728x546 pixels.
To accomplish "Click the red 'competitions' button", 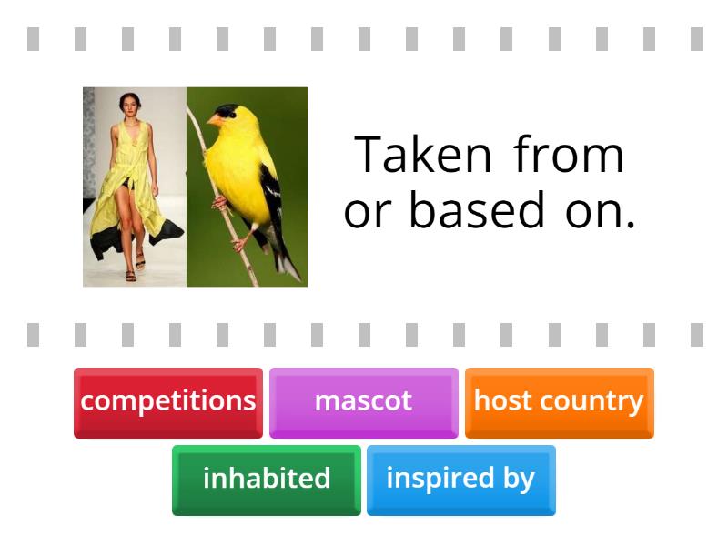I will pyautogui.click(x=168, y=401).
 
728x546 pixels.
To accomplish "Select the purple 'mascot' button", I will pyautogui.click(x=363, y=401).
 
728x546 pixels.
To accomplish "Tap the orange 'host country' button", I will pyautogui.click(x=559, y=401).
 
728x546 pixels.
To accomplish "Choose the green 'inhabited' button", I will pyautogui.click(x=267, y=479).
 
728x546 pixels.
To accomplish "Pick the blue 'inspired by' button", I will pyautogui.click(x=460, y=479).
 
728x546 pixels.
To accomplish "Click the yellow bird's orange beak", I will pyautogui.click(x=215, y=119).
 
